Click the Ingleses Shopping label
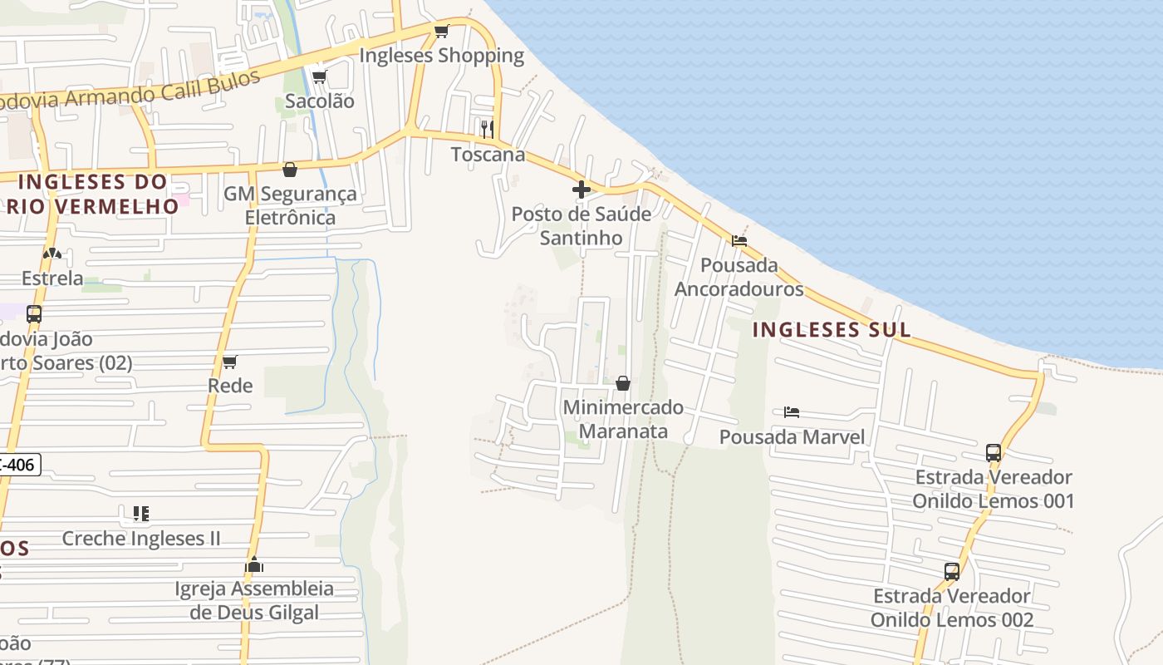point(441,56)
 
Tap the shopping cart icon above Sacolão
point(319,77)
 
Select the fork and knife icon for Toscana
point(488,129)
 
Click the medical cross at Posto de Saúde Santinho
point(581,190)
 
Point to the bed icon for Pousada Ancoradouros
point(739,241)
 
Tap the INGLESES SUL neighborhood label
point(831,329)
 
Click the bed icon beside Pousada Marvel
point(791,412)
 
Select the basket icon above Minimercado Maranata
point(623,383)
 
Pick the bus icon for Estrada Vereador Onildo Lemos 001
point(994,453)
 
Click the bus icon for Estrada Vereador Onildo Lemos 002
point(952,572)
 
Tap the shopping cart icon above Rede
point(230,362)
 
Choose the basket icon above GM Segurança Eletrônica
point(290,170)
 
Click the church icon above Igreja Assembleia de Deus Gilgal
point(254,565)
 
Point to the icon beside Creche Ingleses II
point(141,514)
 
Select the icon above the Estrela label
point(52,254)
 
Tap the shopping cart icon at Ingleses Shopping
point(441,32)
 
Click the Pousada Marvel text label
point(792,436)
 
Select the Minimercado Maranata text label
point(623,419)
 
